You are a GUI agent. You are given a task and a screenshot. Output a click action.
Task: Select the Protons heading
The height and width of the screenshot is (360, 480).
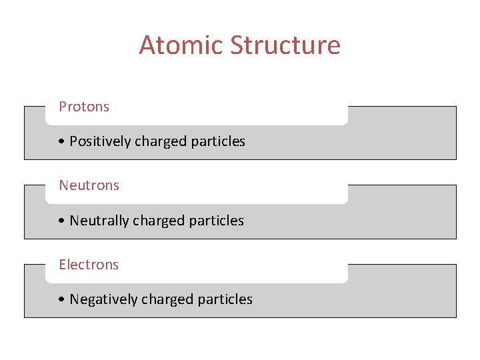click(84, 107)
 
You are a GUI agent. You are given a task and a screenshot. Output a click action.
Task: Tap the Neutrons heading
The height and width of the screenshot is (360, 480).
click(89, 185)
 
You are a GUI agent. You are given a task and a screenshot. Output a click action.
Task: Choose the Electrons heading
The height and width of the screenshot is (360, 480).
click(89, 265)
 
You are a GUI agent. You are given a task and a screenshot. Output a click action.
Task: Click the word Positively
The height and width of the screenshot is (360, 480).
click(100, 141)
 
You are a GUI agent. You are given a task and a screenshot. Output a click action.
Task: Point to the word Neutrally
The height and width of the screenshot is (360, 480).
click(99, 221)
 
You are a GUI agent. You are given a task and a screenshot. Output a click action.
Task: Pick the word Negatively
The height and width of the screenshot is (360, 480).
click(101, 299)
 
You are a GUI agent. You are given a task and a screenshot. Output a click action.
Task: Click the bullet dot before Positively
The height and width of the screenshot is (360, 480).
click(61, 142)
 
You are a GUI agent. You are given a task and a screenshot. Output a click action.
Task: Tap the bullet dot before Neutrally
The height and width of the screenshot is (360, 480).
click(61, 221)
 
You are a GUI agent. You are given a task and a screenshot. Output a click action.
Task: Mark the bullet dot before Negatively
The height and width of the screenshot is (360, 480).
click(61, 300)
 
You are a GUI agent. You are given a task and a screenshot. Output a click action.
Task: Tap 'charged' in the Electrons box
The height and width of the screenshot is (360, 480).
click(163, 299)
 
